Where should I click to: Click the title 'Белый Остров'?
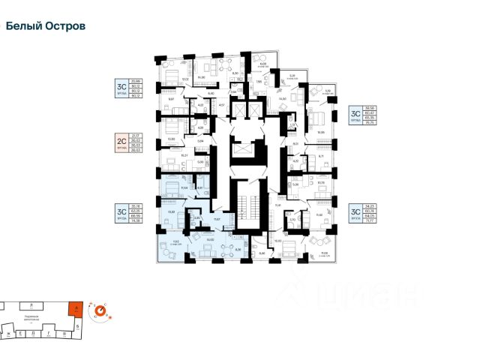(x=46, y=25)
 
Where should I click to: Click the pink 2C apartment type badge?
(x=118, y=142)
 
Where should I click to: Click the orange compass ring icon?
(x=99, y=308)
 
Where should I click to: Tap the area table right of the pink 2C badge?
(x=137, y=142)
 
